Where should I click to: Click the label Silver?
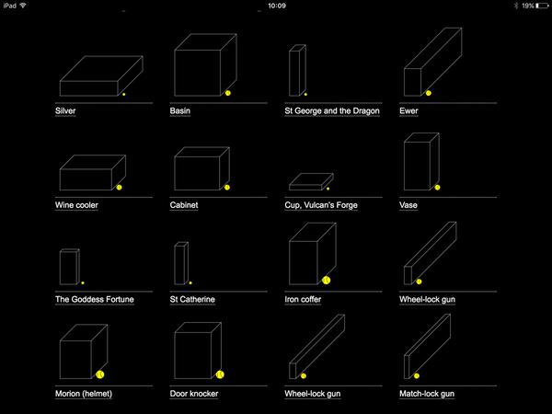click(x=65, y=110)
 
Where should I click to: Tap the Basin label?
click(x=179, y=110)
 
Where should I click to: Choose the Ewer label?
click(x=410, y=110)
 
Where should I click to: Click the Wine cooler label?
click(x=76, y=205)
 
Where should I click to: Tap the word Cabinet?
click(x=184, y=205)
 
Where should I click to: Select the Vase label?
click(x=408, y=205)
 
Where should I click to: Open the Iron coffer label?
click(x=304, y=299)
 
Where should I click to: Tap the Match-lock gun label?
click(x=429, y=394)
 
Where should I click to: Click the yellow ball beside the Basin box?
click(x=227, y=93)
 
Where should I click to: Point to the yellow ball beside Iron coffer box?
click(x=326, y=280)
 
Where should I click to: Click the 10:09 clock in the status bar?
click(x=275, y=6)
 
